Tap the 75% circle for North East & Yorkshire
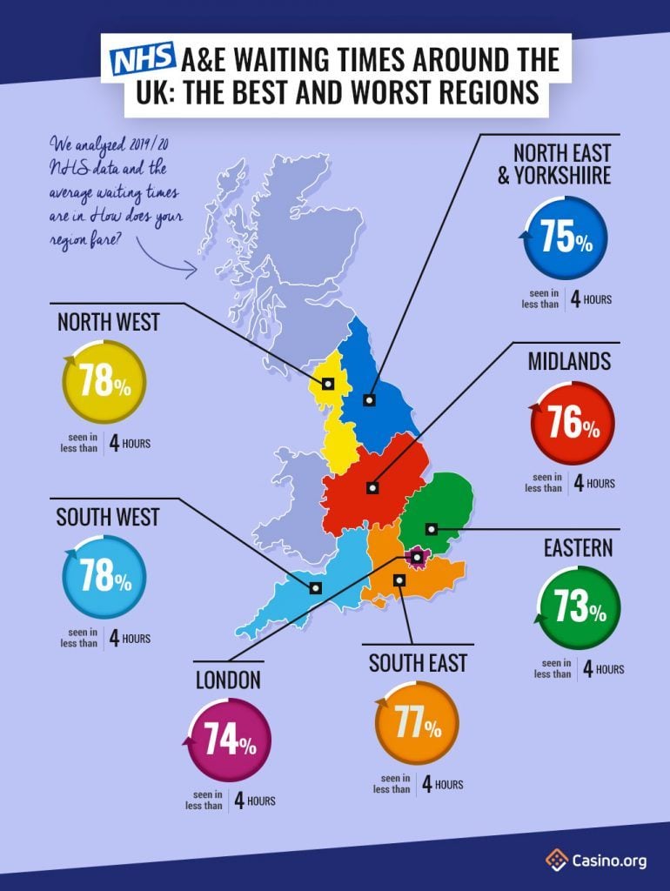[566, 238]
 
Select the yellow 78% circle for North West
[104, 382]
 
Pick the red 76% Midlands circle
[572, 424]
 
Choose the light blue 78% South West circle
[104, 577]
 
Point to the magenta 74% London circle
[229, 740]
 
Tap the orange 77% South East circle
[417, 723]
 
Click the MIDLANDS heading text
[569, 361]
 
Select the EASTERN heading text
[579, 547]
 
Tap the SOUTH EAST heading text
[418, 663]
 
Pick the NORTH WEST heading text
[109, 322]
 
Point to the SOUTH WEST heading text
[108, 517]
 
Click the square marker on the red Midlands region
[372, 488]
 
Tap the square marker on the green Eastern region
[431, 529]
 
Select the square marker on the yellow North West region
[328, 383]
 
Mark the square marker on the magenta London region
[418, 556]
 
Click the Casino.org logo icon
[557, 861]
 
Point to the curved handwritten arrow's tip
[197, 270]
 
